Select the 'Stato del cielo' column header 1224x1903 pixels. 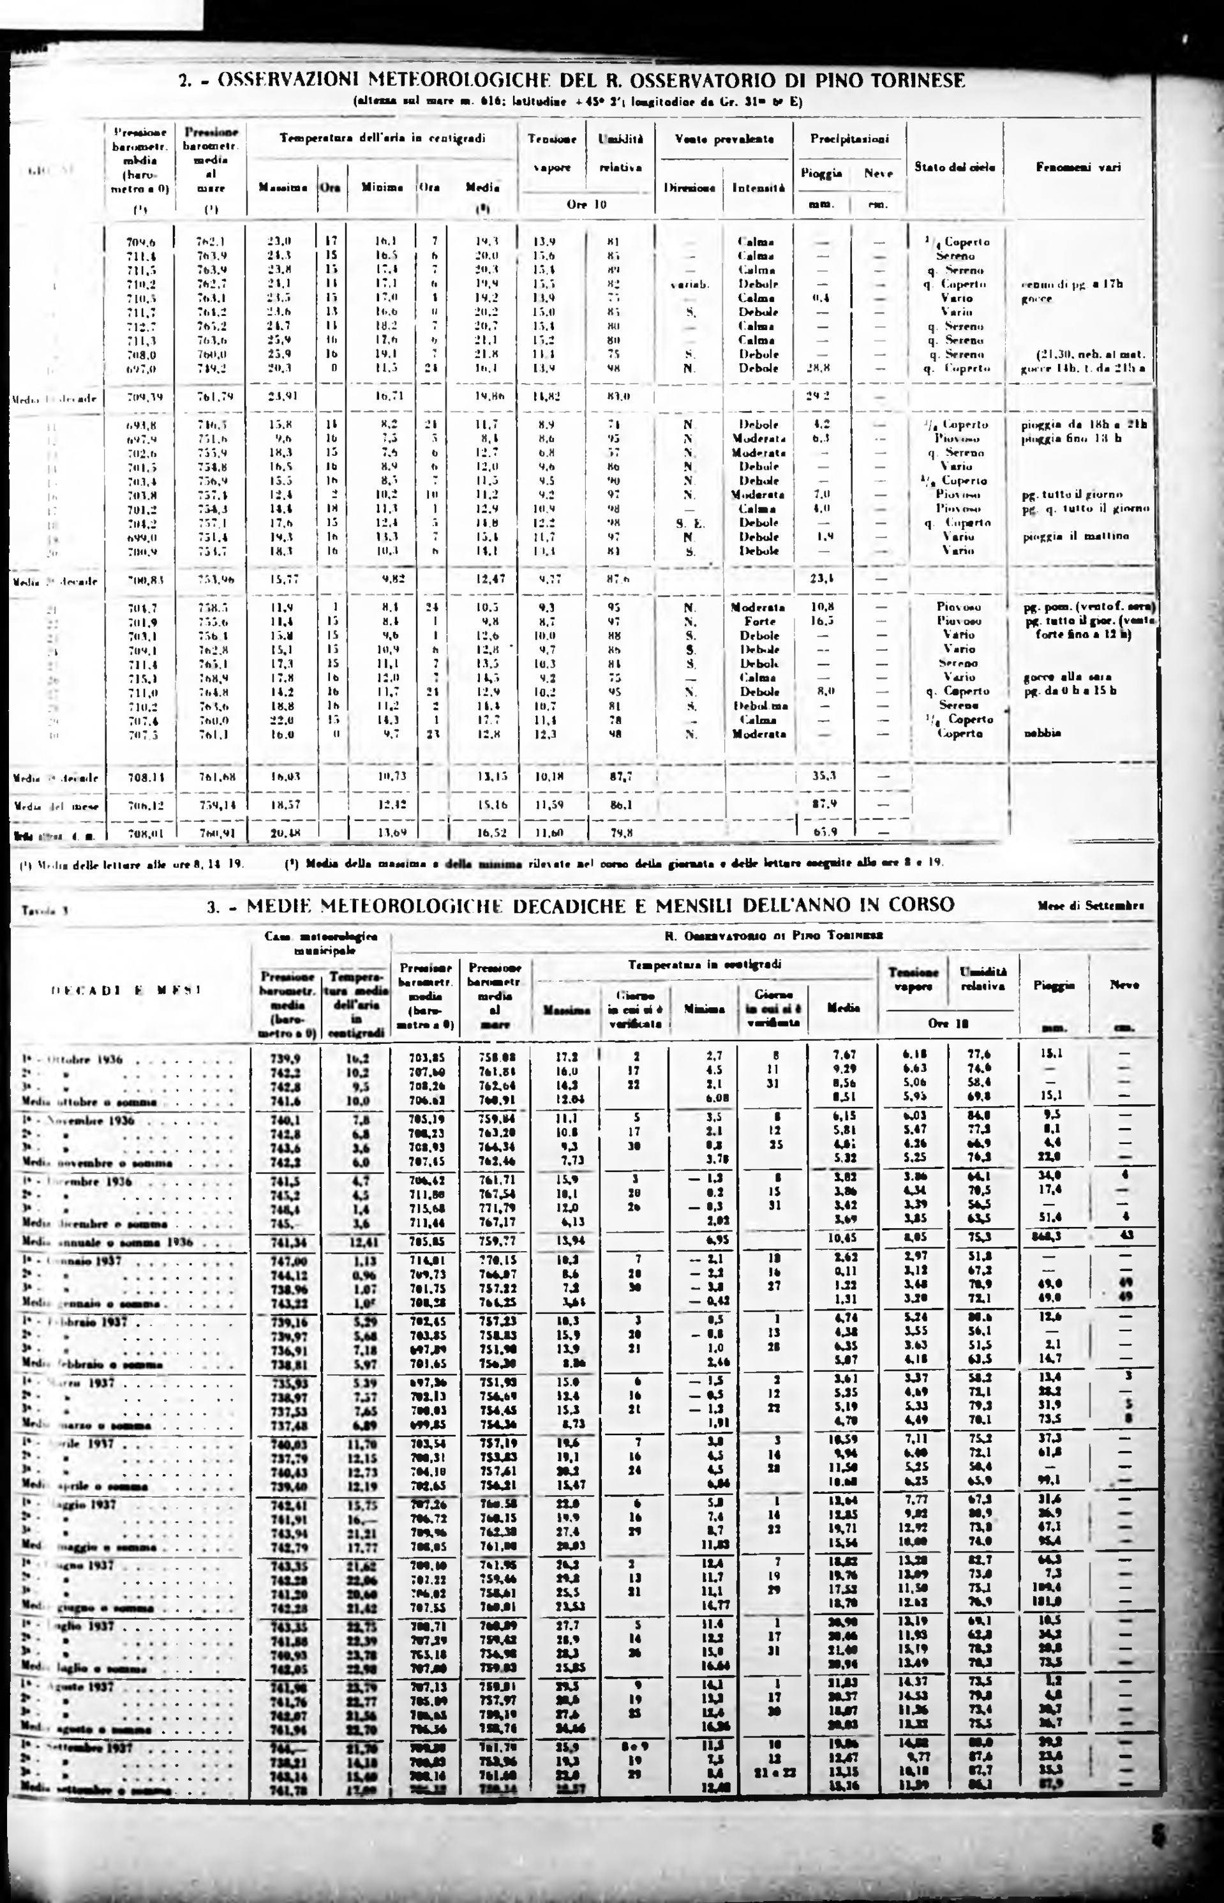955,167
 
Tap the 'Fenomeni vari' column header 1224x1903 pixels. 1078,167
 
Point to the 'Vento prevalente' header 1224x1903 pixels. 724,139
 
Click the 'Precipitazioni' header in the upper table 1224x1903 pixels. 849,139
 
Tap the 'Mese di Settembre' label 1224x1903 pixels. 1091,905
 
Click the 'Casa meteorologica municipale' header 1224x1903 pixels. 320,943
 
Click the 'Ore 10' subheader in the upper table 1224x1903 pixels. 586,204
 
